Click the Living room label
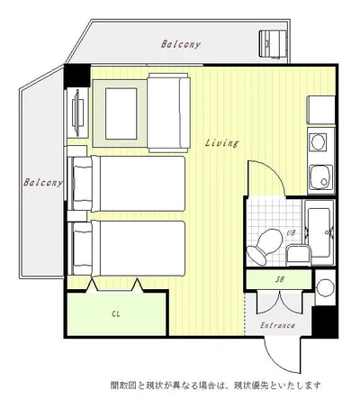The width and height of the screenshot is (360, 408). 222,143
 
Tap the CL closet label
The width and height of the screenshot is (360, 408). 116,314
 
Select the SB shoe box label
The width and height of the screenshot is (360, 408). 280,279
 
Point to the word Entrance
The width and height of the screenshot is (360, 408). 277,325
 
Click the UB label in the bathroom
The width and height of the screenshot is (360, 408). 291,232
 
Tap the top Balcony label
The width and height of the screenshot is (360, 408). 181,44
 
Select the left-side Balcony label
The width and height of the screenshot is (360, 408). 43,182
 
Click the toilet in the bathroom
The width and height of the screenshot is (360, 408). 265,247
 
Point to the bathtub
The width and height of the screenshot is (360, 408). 319,232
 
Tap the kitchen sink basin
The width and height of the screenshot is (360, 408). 321,177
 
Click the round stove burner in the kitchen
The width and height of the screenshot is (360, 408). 319,142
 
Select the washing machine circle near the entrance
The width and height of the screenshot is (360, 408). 326,287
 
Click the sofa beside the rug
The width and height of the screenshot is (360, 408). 168,113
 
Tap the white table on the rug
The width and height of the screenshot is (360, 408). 121,113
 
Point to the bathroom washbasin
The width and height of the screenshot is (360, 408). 298,255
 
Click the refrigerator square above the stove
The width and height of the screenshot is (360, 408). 321,110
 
